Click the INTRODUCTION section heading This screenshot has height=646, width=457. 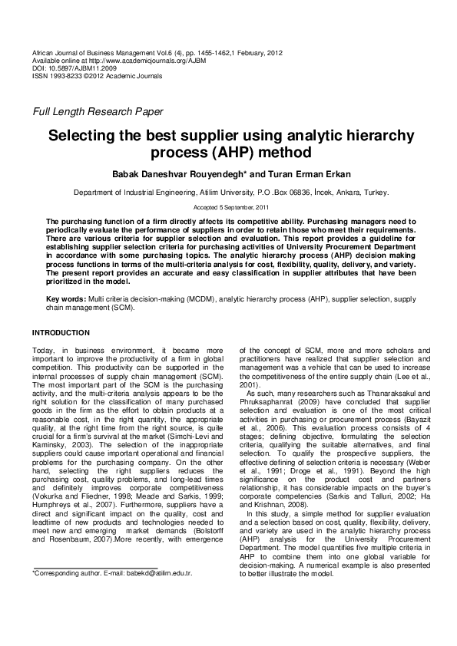coord(61,332)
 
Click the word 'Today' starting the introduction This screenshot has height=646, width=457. coord(42,350)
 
